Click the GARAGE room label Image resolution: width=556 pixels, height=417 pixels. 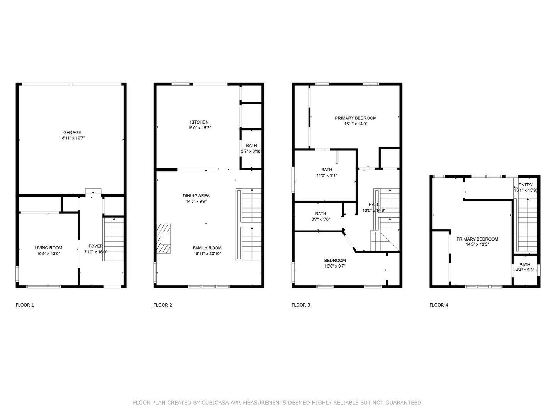[72, 132]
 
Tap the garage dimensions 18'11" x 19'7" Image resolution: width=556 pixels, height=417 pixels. [72, 138]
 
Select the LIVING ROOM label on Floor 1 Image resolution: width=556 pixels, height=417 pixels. [48, 248]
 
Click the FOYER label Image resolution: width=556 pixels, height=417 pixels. [96, 246]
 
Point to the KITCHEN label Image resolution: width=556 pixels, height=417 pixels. [199, 122]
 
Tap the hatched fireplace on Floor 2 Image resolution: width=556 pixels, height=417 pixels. [164, 238]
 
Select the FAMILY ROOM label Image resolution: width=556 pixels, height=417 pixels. [207, 248]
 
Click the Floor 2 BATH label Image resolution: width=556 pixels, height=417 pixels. [251, 146]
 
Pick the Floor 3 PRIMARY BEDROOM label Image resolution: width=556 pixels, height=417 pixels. [355, 118]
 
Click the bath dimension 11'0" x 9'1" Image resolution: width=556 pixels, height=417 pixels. [327, 175]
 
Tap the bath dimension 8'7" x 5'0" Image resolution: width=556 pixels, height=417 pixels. [320, 219]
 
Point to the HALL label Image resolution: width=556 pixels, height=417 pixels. [374, 205]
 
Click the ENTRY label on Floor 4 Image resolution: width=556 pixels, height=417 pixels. [525, 185]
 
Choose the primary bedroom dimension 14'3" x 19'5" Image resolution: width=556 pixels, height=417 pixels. [477, 244]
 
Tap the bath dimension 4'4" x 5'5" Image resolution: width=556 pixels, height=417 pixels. [525, 270]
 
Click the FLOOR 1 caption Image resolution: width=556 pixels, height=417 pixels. [25, 305]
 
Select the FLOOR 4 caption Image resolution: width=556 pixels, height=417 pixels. [439, 305]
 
